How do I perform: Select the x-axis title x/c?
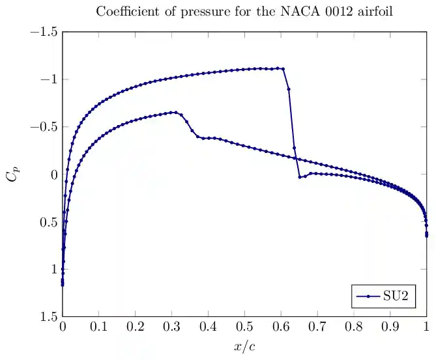[x=244, y=346]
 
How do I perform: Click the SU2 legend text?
[x=396, y=296]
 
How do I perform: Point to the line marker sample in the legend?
[x=368, y=296]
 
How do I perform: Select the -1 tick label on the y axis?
[x=48, y=79]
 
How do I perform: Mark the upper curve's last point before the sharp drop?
[x=282, y=68]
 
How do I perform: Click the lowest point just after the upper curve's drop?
[x=299, y=177]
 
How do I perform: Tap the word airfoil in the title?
[x=377, y=11]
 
